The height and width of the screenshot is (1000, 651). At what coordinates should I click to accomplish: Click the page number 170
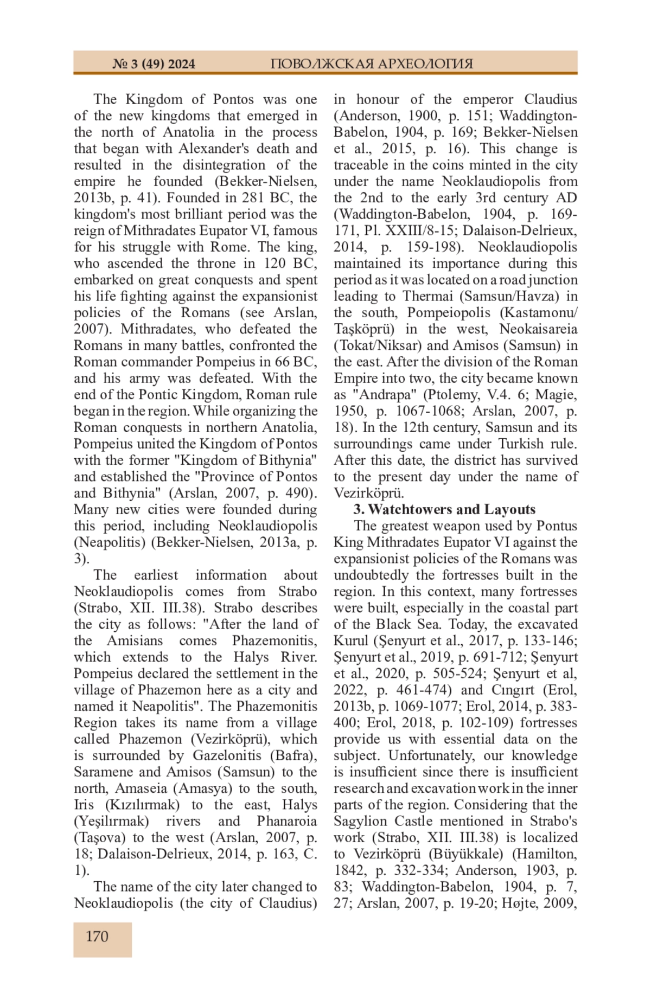pos(97,937)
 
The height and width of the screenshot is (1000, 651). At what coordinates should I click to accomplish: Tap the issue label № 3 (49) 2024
pos(154,64)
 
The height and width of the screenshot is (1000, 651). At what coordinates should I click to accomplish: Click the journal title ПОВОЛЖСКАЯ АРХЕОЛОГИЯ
pos(372,64)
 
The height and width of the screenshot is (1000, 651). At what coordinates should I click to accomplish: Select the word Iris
pos(84,805)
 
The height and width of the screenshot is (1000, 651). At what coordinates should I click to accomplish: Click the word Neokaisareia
pos(538,329)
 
